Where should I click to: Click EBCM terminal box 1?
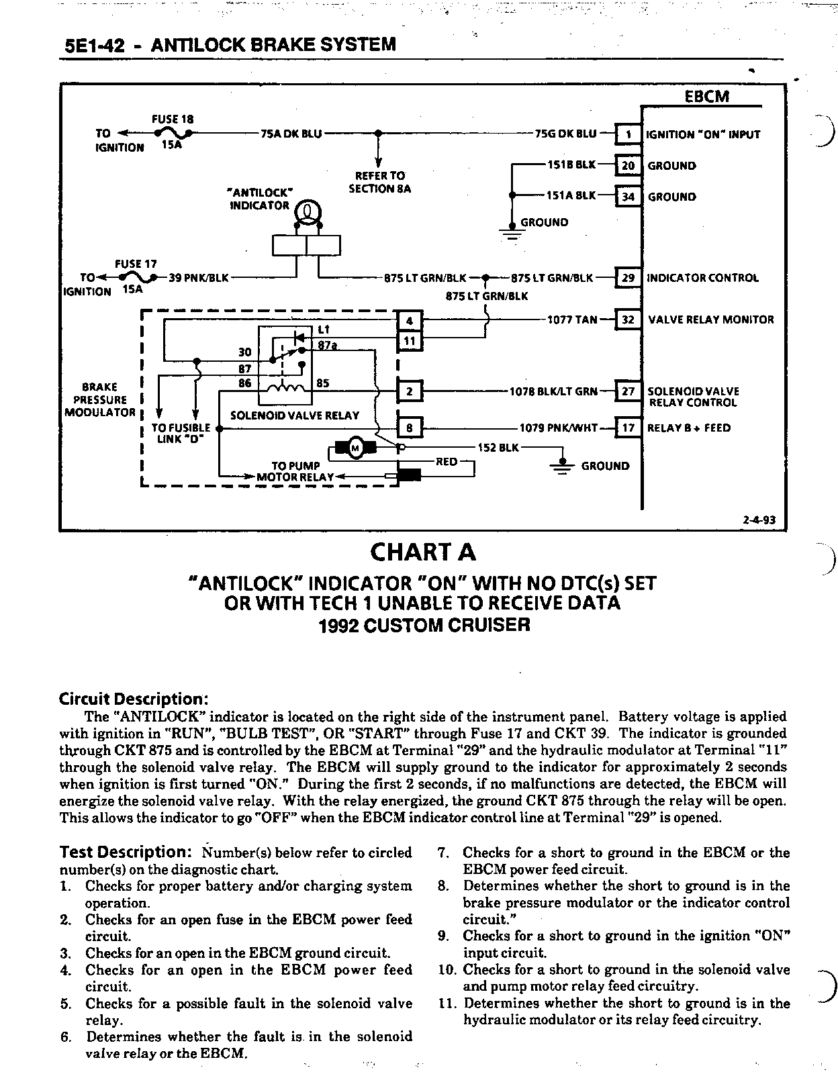pos(628,134)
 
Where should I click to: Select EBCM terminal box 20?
pos(628,166)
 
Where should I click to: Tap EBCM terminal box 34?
pos(628,197)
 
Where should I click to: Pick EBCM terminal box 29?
pos(628,277)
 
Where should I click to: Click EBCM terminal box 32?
pos(628,320)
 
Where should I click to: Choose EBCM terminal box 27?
pos(628,391)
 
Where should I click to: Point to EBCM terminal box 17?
pos(628,428)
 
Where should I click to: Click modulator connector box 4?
pos(410,320)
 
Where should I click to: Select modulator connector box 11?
pos(410,341)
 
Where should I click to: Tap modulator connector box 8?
pos(410,428)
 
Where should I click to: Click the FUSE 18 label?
pos(173,119)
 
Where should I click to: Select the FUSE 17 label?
pos(136,264)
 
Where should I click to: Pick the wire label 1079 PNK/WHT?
pos(558,428)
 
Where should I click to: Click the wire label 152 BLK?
pos(498,447)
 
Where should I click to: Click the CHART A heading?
pos(423,552)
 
